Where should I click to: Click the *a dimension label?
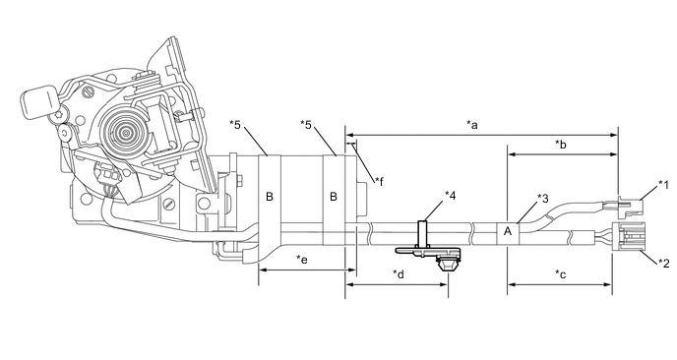472,125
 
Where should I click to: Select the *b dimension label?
560,145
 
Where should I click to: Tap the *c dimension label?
560,274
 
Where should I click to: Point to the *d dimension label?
399,274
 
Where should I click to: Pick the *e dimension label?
302,260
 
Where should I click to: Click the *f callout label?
379,181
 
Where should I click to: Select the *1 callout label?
663,185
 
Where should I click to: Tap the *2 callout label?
663,263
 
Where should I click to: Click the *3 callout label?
543,198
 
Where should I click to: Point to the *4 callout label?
451,196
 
